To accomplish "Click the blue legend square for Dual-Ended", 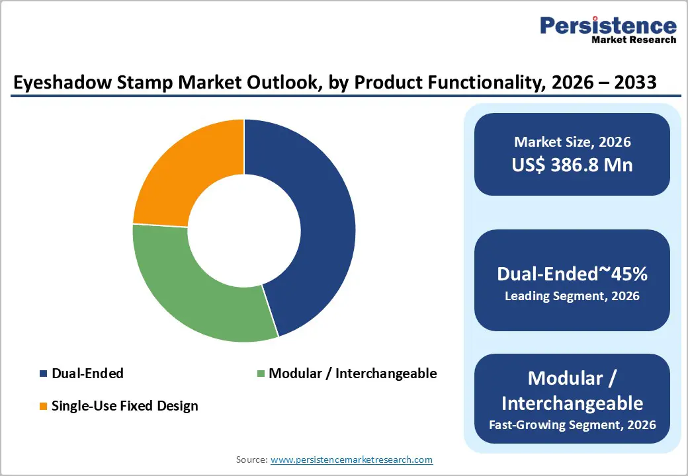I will point(44,374).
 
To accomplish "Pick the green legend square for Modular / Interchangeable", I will point(261,374).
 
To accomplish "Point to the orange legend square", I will point(44,406).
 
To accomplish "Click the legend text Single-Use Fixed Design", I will point(124,406).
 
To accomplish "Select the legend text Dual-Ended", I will point(87,374).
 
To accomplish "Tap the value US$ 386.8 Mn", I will point(572,165).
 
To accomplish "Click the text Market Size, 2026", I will point(572,141).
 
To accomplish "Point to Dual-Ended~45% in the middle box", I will point(572,274).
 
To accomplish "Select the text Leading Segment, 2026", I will point(572,296).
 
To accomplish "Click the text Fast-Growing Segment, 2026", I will point(572,424).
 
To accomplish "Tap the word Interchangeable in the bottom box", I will point(572,403).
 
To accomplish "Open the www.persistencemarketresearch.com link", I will point(351,459).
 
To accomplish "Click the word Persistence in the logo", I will point(608,26).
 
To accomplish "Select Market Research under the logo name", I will point(633,40).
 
